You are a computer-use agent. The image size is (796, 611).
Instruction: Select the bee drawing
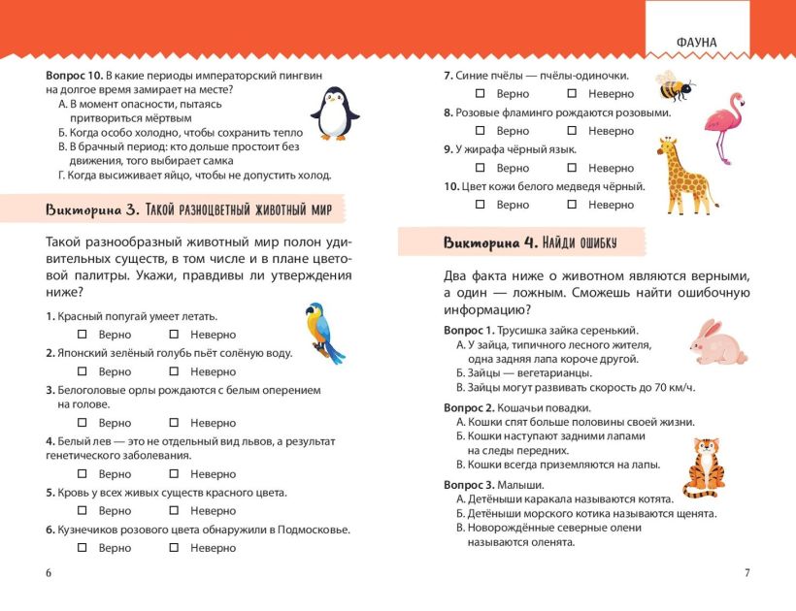pos(673,86)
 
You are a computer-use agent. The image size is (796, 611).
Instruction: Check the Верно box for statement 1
pos(83,335)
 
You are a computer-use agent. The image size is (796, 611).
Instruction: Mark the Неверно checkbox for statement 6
pos(174,548)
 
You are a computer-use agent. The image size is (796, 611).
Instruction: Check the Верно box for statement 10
pos(480,205)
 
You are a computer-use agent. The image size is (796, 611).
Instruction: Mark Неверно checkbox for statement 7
pos(572,94)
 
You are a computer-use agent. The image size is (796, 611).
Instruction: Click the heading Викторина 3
pos(93,209)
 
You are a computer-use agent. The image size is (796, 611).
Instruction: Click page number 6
pos(48,572)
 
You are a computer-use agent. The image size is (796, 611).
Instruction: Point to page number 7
pos(746,572)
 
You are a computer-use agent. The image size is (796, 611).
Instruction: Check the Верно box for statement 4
pos(83,474)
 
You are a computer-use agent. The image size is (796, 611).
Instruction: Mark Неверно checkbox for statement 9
pos(572,168)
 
